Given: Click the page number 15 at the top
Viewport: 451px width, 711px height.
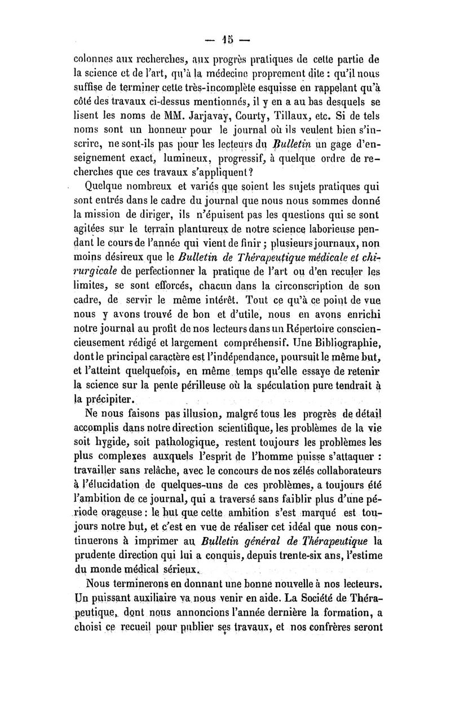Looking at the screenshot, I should (x=227, y=41).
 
